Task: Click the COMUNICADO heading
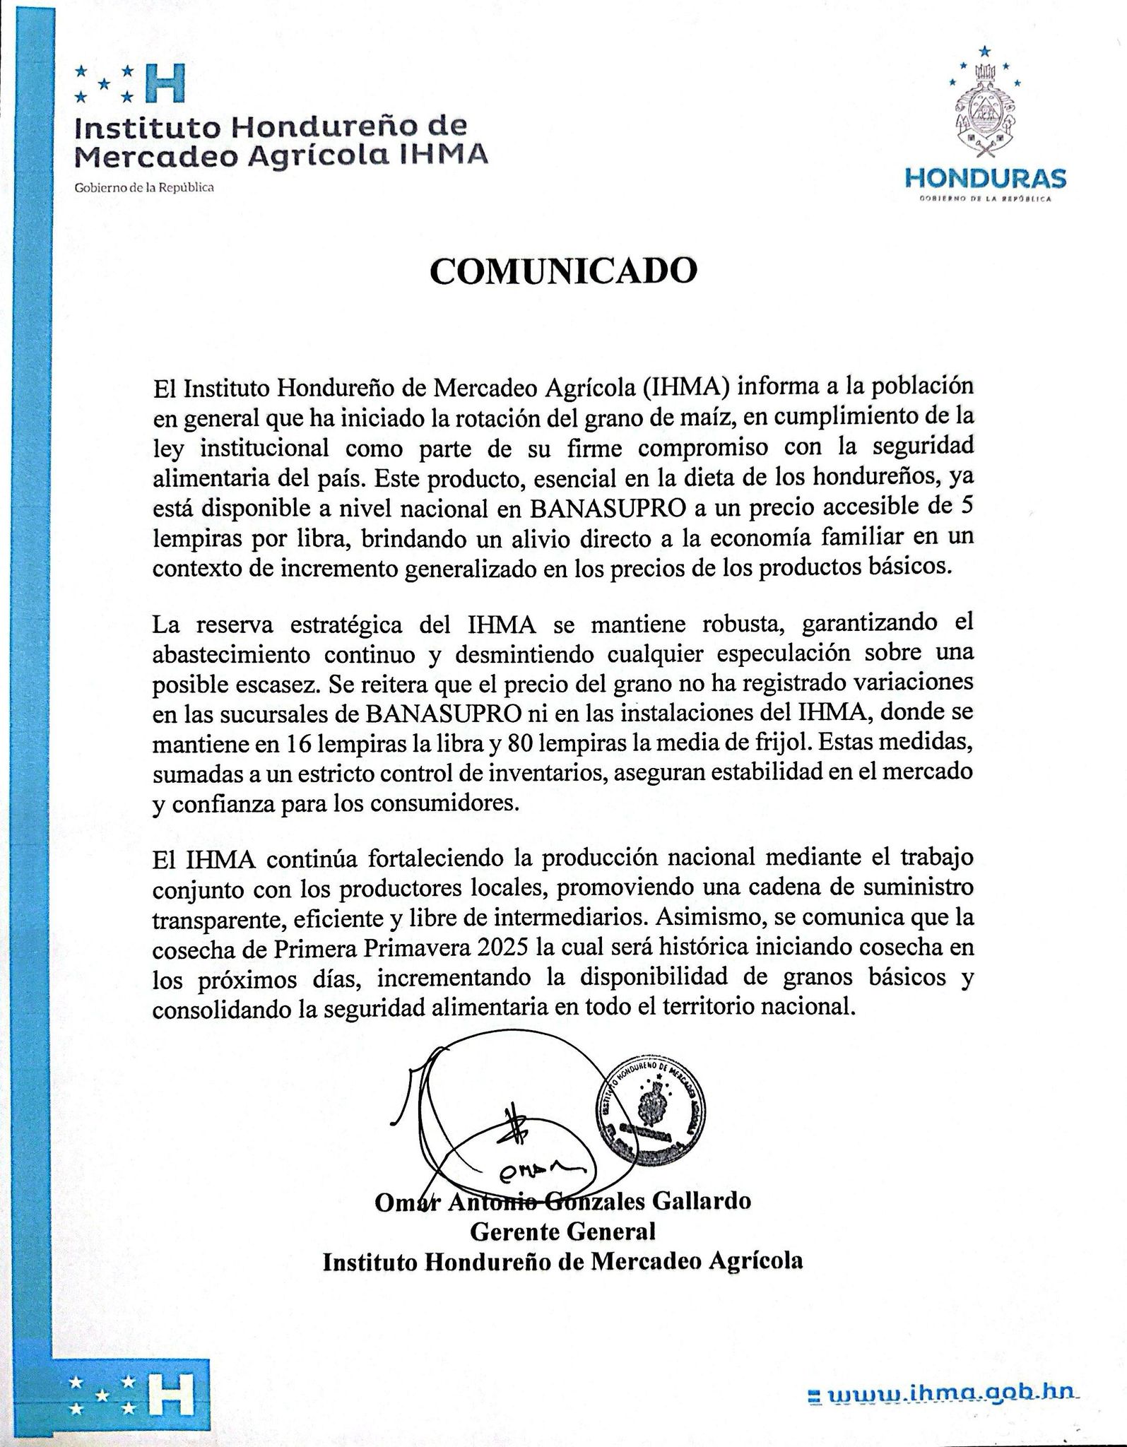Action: click(x=564, y=271)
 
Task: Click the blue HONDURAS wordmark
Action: click(x=986, y=177)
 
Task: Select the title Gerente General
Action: click(x=563, y=1232)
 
